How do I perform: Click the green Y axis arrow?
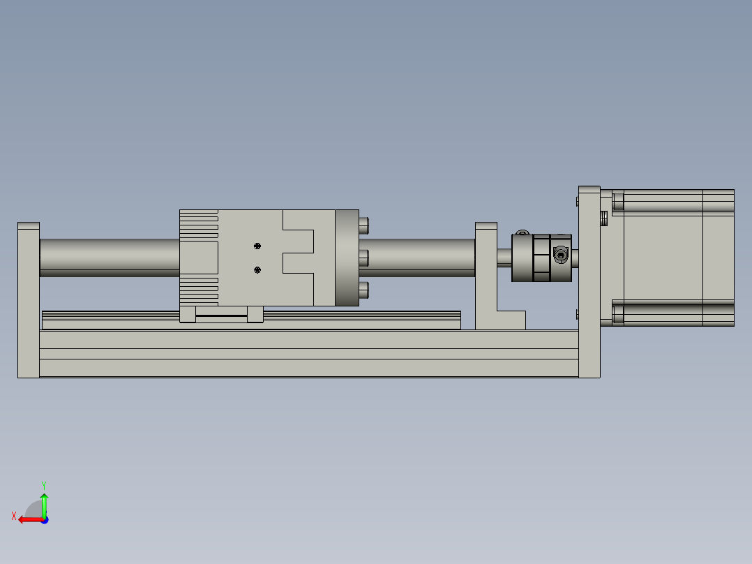click(44, 505)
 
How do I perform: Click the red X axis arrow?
click(31, 520)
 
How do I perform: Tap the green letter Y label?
click(44, 485)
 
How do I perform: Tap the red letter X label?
click(14, 516)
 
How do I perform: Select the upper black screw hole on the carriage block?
click(257, 246)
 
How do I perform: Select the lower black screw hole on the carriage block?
click(257, 270)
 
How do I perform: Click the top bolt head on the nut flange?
click(364, 225)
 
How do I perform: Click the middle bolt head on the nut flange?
click(364, 258)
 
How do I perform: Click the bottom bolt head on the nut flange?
click(364, 290)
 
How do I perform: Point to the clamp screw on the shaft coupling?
click(560, 254)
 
